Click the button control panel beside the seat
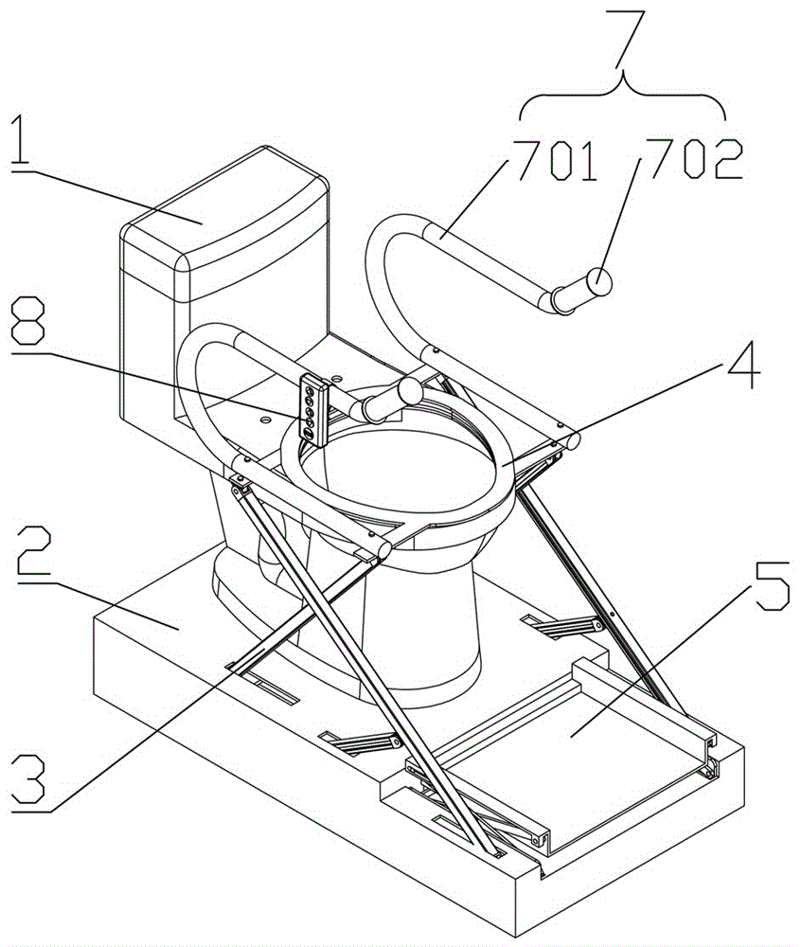[x=311, y=409]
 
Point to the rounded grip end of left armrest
[x=410, y=389]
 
